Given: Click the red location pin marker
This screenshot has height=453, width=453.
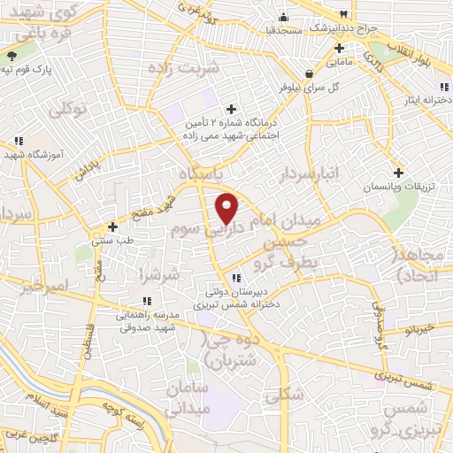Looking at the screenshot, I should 227,207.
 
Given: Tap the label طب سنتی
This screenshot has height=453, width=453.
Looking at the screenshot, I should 112,238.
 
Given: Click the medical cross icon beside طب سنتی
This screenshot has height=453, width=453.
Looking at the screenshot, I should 112,226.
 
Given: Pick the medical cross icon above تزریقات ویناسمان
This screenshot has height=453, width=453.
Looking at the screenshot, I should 398,173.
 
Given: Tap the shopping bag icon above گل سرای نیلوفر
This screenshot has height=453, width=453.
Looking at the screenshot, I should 306,73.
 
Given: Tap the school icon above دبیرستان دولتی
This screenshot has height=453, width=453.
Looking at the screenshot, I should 235,279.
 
